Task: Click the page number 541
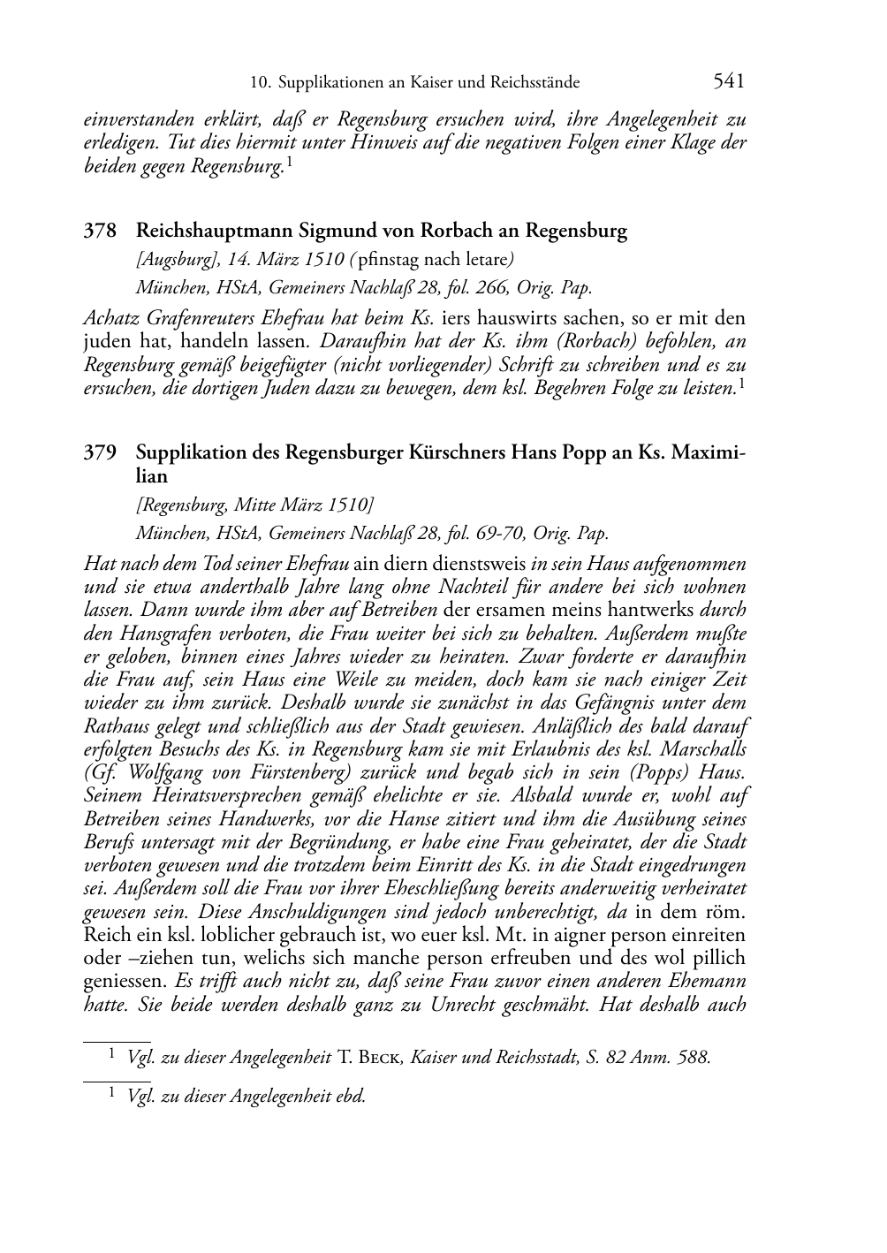[x=729, y=81]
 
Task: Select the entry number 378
[x=100, y=232]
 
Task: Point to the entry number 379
[x=100, y=452]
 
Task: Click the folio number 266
[x=510, y=287]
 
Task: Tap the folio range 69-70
[x=504, y=533]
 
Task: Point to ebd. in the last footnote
[x=350, y=1097]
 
